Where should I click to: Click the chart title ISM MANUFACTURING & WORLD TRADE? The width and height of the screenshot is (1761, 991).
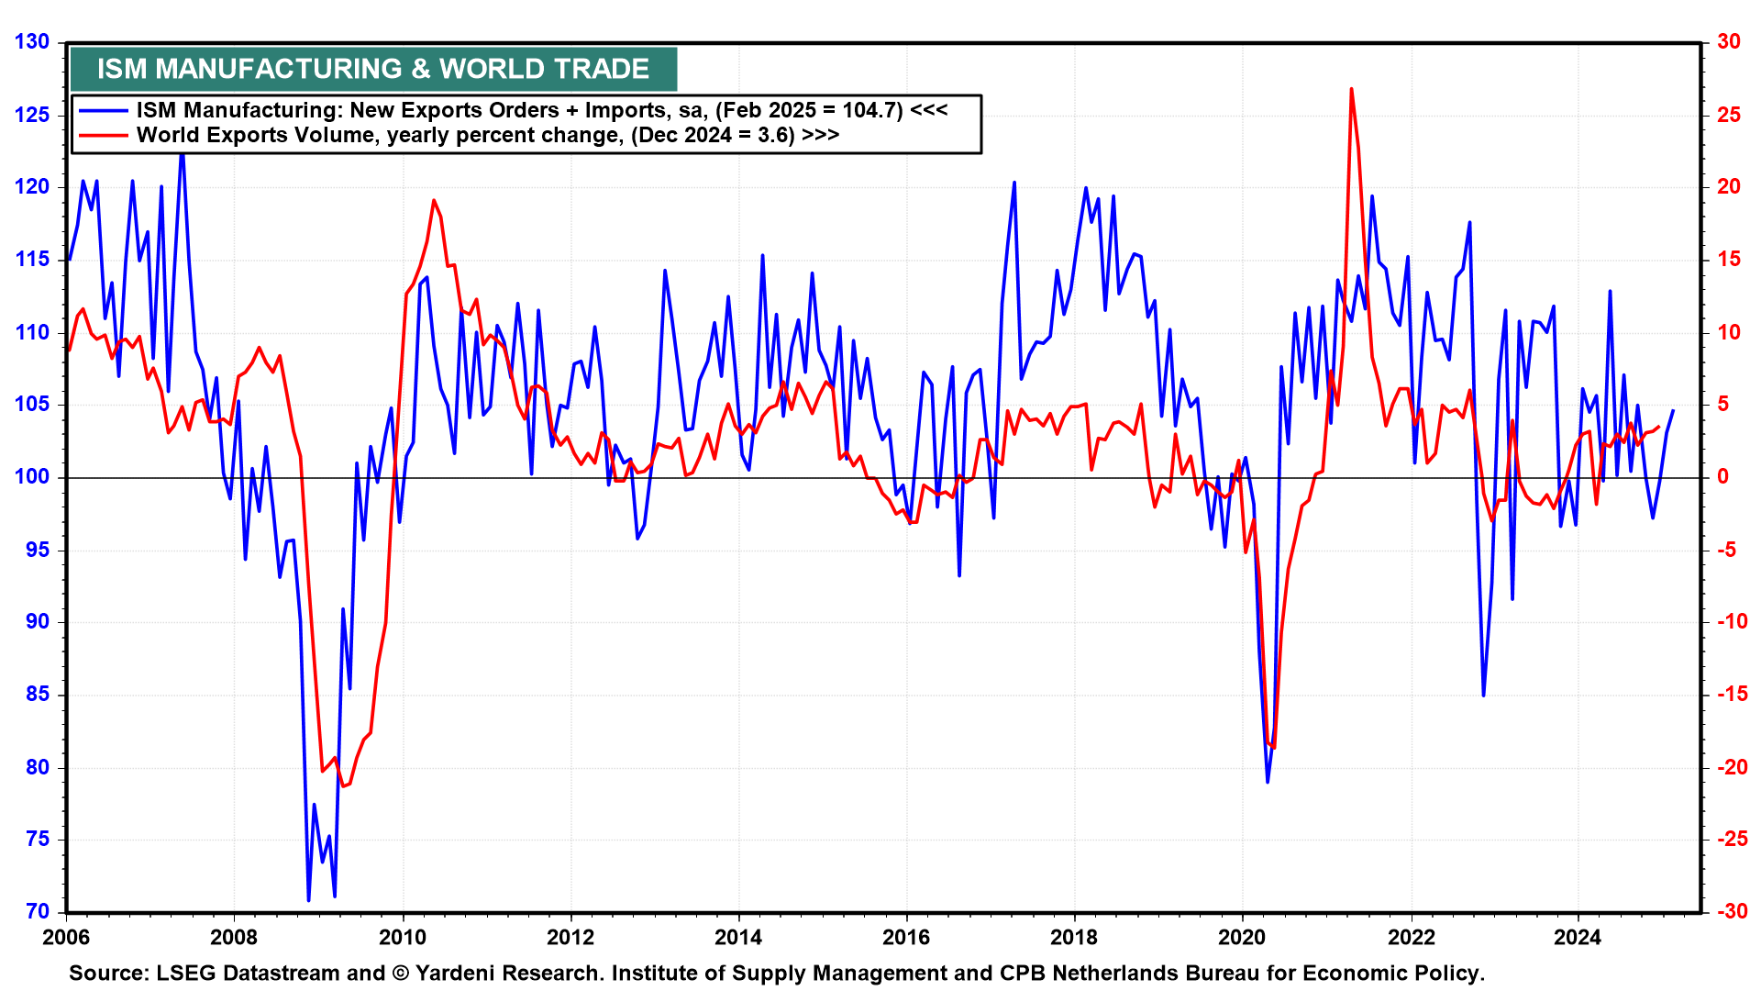click(x=372, y=69)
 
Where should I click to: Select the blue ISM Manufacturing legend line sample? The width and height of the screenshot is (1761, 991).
click(x=103, y=110)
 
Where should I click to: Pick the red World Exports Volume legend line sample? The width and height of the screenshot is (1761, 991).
click(x=103, y=136)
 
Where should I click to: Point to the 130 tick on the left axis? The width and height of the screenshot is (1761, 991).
click(x=32, y=41)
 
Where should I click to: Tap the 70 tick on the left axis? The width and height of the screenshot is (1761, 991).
click(x=38, y=911)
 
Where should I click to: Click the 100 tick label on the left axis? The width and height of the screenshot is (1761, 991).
click(x=32, y=476)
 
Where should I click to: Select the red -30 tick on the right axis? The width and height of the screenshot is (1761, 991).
click(x=1729, y=911)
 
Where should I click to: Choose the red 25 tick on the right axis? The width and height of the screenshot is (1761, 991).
click(x=1729, y=115)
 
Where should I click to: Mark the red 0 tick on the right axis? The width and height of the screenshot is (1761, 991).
click(x=1723, y=476)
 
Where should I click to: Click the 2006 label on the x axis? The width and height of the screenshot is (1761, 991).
click(x=66, y=937)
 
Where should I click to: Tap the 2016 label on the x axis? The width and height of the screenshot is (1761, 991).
click(x=906, y=937)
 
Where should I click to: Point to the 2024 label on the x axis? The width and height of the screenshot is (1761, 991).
click(x=1578, y=937)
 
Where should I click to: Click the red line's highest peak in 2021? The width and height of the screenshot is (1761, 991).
click(x=1351, y=89)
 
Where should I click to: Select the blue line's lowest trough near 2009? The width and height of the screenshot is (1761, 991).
click(x=308, y=900)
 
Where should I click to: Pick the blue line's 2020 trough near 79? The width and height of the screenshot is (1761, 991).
click(x=1268, y=782)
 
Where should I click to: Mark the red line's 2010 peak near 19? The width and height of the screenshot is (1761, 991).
click(x=434, y=200)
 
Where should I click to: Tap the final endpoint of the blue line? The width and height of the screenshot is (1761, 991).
click(x=1673, y=410)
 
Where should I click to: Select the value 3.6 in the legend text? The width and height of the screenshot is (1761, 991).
click(x=775, y=136)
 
